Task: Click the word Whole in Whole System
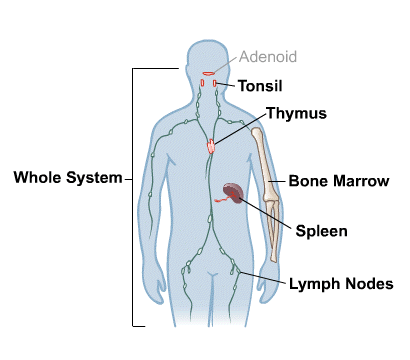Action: pos(37,179)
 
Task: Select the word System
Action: pos(92,179)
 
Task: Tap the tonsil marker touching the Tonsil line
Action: pos(217,84)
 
